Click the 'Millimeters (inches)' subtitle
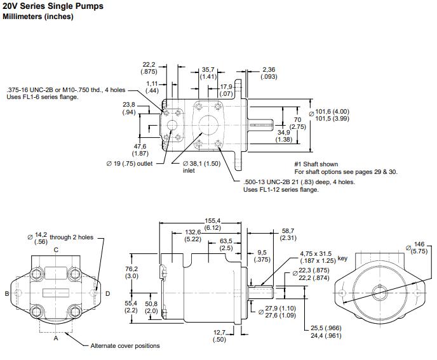pos(38,17)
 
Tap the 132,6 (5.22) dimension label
pos(194,236)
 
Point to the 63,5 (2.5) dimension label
pos(226,244)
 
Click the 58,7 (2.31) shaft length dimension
pos(288,234)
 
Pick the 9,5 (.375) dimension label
pos(262,255)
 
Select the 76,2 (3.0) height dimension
pos(131,272)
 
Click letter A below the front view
pos(56,338)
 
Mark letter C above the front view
pos(56,250)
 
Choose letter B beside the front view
pos(7,293)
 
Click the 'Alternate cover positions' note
pos(125,345)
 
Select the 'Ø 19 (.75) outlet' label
pos(130,163)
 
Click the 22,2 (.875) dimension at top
pos(149,68)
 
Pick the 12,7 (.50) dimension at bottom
pos(218,336)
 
